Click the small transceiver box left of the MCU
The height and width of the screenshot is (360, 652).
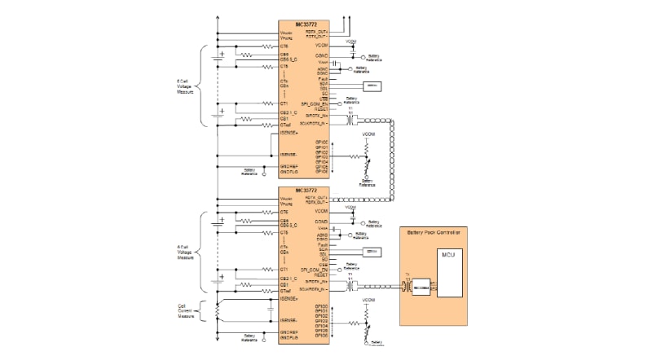click(420, 287)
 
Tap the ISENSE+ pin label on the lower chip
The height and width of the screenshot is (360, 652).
click(289, 299)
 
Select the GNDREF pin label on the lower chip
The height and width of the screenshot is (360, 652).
click(289, 332)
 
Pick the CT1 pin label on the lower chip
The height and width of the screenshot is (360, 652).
click(284, 269)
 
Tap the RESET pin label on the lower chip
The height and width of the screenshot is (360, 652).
click(321, 274)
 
